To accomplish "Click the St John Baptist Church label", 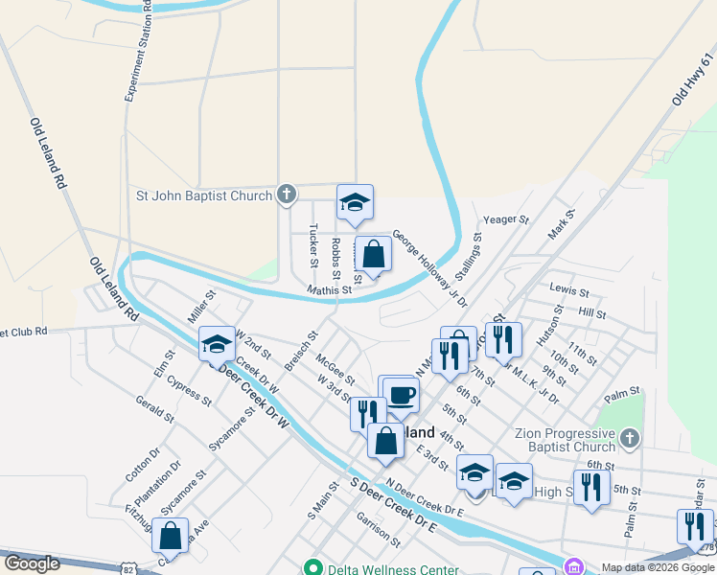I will click(x=204, y=196).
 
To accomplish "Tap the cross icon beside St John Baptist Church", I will click(x=286, y=195).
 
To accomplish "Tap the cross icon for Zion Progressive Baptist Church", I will click(x=629, y=440).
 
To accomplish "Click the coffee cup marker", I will click(x=403, y=395).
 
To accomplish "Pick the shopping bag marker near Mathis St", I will click(x=374, y=256).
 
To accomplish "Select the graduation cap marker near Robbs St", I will click(x=354, y=203).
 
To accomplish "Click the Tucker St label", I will click(x=313, y=245).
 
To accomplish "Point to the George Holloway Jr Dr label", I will click(x=428, y=267).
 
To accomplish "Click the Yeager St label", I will click(x=505, y=219).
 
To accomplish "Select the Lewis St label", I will click(x=567, y=287).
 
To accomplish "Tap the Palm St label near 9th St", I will click(x=621, y=395).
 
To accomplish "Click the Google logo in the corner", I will click(x=32, y=563).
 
